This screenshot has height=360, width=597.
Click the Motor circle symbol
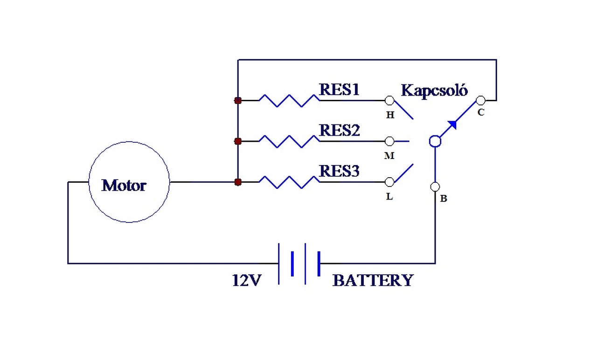tap(129, 182)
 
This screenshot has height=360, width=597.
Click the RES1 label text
tap(339, 90)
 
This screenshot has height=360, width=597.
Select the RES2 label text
tap(339, 131)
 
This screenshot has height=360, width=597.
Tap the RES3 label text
tap(339, 172)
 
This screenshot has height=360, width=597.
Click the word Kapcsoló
tap(434, 90)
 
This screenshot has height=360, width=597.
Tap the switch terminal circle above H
tap(389, 100)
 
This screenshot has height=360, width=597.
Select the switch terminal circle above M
tap(389, 141)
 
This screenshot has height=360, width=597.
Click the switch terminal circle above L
tap(389, 182)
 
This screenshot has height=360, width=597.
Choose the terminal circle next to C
tap(480, 100)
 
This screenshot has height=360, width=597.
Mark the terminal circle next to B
tap(435, 187)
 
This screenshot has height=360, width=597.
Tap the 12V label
tap(247, 280)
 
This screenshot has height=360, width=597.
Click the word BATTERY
tap(373, 281)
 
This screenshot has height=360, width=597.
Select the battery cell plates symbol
tap(299, 263)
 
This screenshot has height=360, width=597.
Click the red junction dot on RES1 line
tap(238, 100)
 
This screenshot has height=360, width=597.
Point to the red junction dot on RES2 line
tap(238, 141)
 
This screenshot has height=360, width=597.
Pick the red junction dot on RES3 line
tap(238, 182)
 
